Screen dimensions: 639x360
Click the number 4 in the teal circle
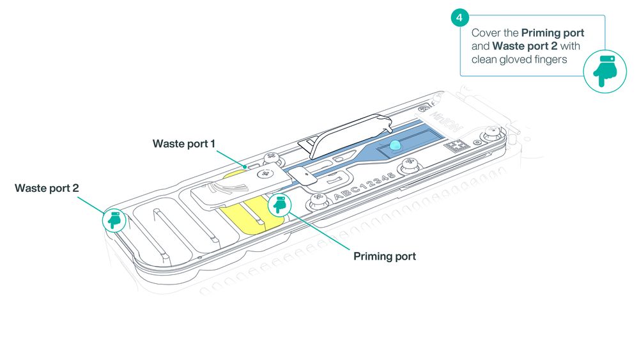point(459,17)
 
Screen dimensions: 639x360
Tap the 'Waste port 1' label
point(184,143)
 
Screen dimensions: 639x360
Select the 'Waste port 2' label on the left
point(47,188)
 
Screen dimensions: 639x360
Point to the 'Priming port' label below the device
point(385,256)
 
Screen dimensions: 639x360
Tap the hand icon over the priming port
point(280,205)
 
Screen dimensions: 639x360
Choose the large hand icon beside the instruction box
point(604,72)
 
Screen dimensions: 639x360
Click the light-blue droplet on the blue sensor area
point(396,145)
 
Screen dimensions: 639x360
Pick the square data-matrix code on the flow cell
point(456,146)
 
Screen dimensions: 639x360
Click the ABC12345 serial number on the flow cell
point(364,186)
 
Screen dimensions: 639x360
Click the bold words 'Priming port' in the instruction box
point(553,33)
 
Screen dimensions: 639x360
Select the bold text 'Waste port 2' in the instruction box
point(525,46)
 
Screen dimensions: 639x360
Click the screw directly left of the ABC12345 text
point(319,200)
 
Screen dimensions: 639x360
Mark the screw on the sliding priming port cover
point(265,174)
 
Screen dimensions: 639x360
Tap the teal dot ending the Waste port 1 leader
point(245,167)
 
